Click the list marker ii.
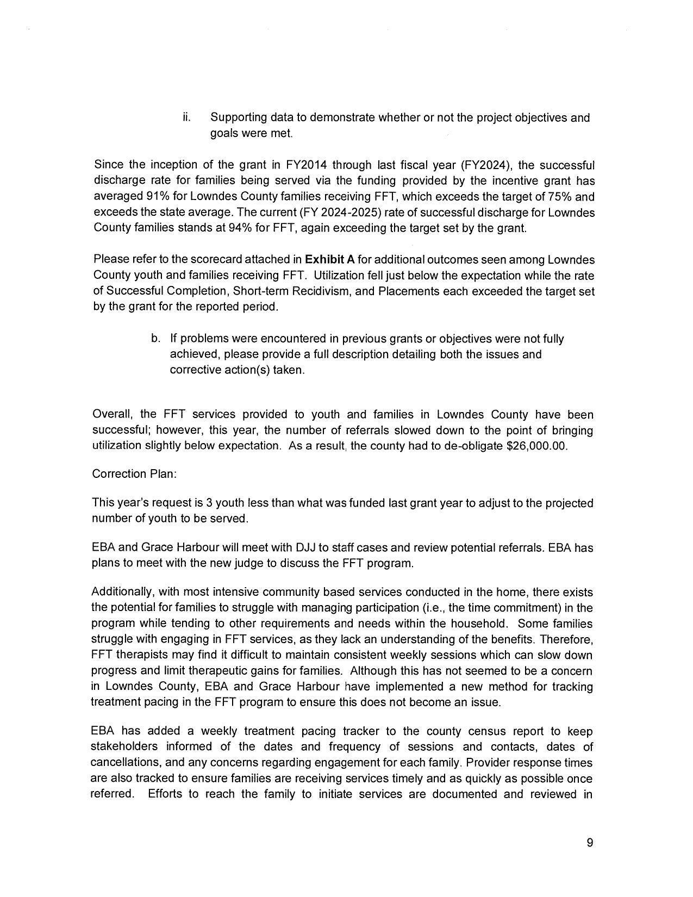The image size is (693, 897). pyautogui.click(x=186, y=117)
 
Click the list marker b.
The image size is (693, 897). pyautogui.click(x=155, y=339)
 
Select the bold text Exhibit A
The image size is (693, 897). pyautogui.click(x=330, y=260)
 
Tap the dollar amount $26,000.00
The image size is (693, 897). pyautogui.click(x=536, y=446)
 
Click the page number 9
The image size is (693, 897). pyautogui.click(x=590, y=843)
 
